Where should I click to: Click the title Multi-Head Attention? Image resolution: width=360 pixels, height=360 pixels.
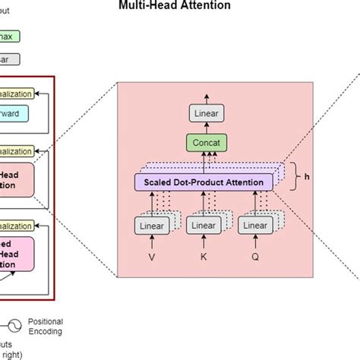(179, 6)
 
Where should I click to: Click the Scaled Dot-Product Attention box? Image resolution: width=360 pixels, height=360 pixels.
(203, 182)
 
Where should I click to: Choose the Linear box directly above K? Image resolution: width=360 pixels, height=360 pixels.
(204, 226)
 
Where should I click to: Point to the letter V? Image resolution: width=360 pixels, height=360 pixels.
(153, 257)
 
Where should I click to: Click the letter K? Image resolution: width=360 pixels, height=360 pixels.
(204, 257)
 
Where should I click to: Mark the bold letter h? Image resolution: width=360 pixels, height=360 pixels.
(307, 177)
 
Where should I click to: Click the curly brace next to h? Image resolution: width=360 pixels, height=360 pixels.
(295, 177)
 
